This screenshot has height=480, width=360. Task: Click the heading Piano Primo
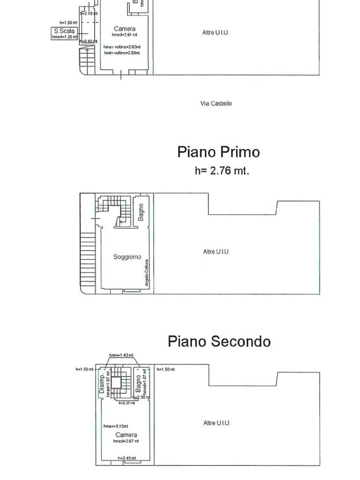click(218, 152)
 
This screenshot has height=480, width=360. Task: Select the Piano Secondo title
click(219, 341)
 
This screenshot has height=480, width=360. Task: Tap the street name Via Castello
click(216, 103)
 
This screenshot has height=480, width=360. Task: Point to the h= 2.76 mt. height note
click(222, 171)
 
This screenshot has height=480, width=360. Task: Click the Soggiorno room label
click(127, 257)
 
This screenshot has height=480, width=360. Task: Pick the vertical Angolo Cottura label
click(147, 273)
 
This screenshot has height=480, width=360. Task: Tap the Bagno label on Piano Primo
click(141, 212)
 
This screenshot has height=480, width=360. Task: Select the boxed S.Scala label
click(64, 31)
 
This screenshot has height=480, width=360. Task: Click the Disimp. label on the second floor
click(102, 383)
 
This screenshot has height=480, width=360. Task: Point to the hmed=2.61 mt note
click(125, 35)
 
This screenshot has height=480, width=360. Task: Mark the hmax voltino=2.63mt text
click(122, 47)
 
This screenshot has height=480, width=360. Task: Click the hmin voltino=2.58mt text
click(122, 52)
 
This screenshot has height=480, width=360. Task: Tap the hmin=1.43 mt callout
click(121, 355)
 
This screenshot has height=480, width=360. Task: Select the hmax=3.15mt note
click(116, 426)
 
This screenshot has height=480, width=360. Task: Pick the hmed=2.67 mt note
click(126, 441)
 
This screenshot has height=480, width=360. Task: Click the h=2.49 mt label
click(127, 458)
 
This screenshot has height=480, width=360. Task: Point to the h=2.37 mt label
click(127, 403)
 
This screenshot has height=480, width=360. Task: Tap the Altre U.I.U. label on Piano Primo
click(217, 252)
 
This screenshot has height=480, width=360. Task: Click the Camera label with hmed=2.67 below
click(126, 435)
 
